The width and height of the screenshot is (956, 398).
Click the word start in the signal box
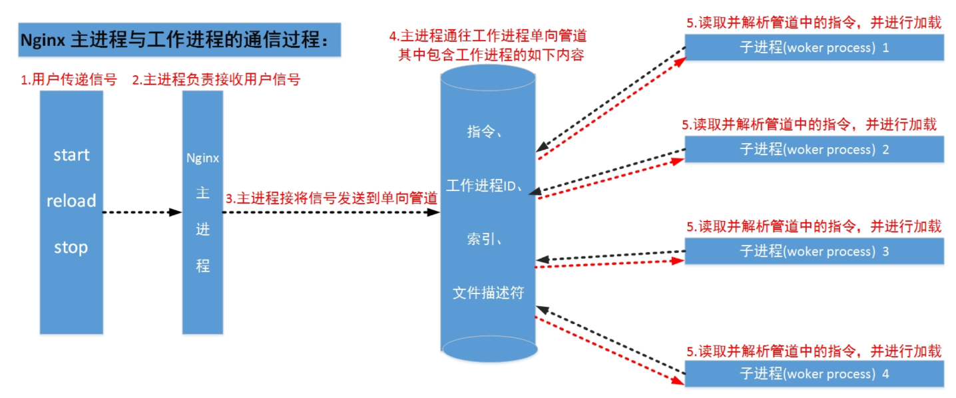click(71, 155)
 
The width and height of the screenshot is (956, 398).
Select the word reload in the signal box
click(71, 201)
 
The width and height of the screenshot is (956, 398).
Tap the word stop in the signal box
click(71, 248)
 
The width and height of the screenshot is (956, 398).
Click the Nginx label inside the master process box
click(202, 158)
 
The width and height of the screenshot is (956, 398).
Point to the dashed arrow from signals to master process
click(142, 212)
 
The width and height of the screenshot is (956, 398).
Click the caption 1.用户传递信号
click(69, 81)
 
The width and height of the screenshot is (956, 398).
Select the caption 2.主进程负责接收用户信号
click(216, 81)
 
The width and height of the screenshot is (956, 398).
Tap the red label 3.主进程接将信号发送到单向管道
click(331, 198)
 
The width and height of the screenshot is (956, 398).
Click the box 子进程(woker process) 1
click(814, 48)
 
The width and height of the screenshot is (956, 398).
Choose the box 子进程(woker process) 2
click(814, 150)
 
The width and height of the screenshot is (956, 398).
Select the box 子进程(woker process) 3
click(814, 252)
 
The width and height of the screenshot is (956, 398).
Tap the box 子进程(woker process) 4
click(814, 374)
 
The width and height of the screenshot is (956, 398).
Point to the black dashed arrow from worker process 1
click(610, 96)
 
